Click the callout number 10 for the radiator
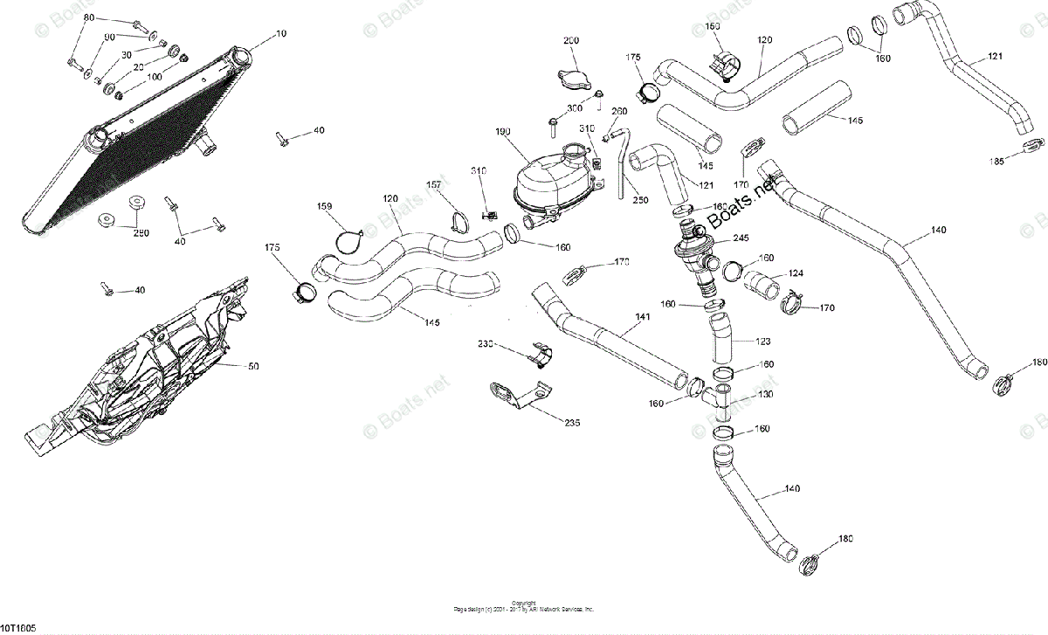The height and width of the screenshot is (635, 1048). pos(280,33)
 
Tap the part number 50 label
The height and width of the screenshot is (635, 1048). pos(253,367)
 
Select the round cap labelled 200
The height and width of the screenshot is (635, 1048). pos(568,75)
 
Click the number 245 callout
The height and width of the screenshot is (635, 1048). pos(741,238)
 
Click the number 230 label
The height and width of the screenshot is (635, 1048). pos(486,344)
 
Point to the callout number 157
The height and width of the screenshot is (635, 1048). pos(434,184)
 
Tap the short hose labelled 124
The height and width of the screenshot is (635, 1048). pos(764,283)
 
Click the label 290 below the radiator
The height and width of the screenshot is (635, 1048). pos(141,232)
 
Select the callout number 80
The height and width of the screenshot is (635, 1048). pos(89,17)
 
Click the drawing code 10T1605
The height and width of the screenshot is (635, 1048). pos(18,628)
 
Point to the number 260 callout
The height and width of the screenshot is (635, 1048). pos(619,112)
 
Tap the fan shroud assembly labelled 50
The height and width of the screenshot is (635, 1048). pos(148,358)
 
